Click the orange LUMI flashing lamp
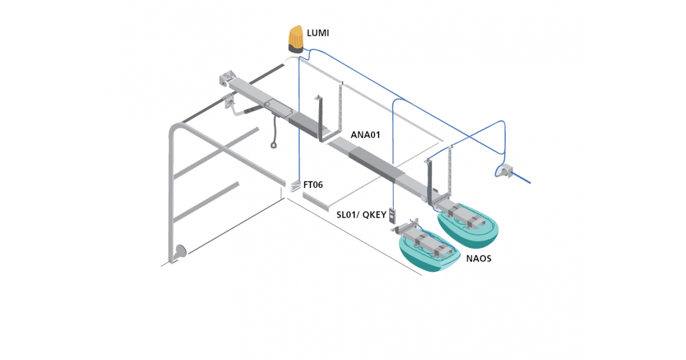(296, 39)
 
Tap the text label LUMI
(318, 34)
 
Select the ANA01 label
(365, 135)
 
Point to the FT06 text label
(313, 185)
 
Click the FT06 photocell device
(295, 186)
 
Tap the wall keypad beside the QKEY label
(393, 216)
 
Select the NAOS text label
(478, 258)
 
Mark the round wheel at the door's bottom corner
(181, 252)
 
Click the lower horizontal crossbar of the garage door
(205, 202)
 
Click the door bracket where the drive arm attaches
(229, 102)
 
